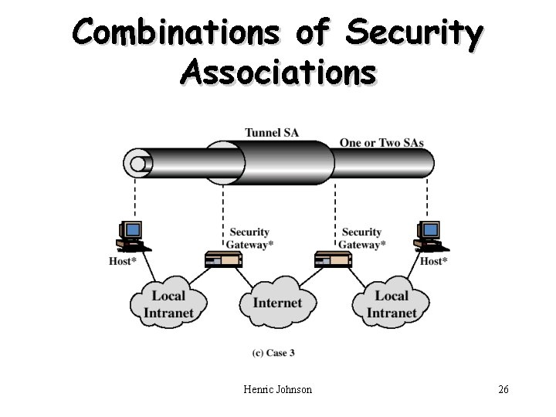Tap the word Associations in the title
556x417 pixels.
coord(278,73)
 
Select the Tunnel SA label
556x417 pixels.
coord(272,133)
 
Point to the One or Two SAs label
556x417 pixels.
coord(381,143)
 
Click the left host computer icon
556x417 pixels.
coord(134,236)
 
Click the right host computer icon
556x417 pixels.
coord(431,236)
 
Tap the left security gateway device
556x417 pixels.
coord(224,259)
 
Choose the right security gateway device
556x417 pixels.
coord(334,259)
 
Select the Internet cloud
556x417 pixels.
coord(278,303)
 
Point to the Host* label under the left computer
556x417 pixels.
coord(123,261)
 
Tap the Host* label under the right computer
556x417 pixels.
coord(434,261)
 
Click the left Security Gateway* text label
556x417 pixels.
coord(249,239)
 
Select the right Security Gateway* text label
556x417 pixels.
coord(361,239)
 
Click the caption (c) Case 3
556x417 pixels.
coord(273,353)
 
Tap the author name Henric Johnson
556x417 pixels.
coord(278,389)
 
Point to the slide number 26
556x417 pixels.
coord(503,389)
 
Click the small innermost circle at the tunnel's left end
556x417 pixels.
coord(137,164)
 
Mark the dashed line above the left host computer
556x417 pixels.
coord(135,197)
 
